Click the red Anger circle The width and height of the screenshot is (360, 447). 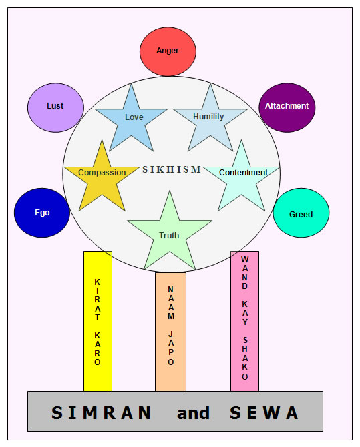click(x=168, y=51)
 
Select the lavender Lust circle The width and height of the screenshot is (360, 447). click(x=55, y=108)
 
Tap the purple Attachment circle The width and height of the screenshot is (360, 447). click(x=287, y=108)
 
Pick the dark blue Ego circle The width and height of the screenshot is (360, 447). click(x=42, y=213)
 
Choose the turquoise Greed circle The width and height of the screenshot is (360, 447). click(x=301, y=213)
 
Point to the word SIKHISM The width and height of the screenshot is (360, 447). click(x=172, y=169)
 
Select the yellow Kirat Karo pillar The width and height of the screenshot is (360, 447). click(x=98, y=322)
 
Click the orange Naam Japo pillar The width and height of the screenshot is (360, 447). click(x=171, y=332)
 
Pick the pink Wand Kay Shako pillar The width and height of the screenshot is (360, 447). click(x=244, y=322)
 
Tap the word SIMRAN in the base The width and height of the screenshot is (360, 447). click(x=102, y=413)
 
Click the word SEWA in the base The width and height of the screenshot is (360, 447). click(x=264, y=413)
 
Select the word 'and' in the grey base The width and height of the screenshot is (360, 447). click(x=193, y=413)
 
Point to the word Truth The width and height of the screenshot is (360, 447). click(x=169, y=236)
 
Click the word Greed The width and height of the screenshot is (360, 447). click(x=301, y=214)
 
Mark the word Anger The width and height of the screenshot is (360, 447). click(x=168, y=51)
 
